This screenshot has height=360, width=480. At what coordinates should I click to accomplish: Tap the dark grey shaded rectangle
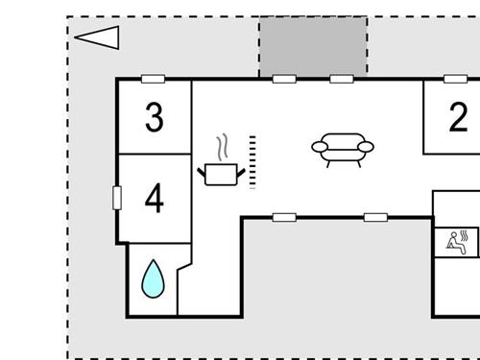(313, 45)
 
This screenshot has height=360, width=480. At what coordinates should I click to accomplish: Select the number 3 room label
(155, 118)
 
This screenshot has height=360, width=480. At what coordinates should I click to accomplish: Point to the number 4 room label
(154, 200)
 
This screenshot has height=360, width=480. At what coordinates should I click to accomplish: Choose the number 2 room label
(459, 117)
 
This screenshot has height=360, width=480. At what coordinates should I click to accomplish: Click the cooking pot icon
(222, 174)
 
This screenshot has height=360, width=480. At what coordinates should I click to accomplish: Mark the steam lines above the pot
(224, 149)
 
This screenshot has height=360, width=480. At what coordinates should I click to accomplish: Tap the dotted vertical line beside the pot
(252, 161)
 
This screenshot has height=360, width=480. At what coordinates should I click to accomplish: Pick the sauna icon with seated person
(455, 241)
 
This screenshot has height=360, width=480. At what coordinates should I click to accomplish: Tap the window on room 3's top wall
(152, 79)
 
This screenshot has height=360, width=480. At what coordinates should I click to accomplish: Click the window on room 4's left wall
(117, 198)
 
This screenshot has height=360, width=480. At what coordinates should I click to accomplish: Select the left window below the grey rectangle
(284, 79)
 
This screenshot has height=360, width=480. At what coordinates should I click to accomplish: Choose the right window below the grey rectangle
(342, 79)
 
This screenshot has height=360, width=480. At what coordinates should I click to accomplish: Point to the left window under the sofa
(284, 217)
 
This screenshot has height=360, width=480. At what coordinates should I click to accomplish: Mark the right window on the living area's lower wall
(374, 217)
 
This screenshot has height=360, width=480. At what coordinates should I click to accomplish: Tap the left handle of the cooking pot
(202, 170)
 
